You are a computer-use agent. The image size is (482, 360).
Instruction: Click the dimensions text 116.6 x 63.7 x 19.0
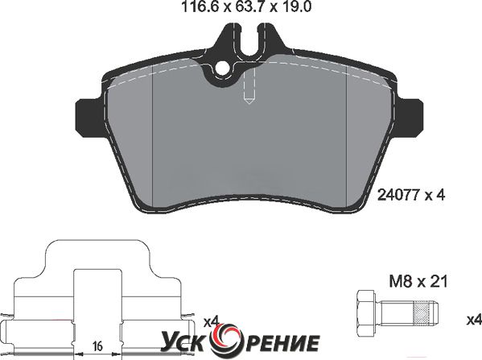(x=246, y=6)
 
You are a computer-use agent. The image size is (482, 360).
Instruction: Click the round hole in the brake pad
(x=222, y=69)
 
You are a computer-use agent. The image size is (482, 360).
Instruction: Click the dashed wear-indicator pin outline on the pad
(x=249, y=87)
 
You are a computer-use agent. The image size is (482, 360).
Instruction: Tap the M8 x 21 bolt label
(x=418, y=281)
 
